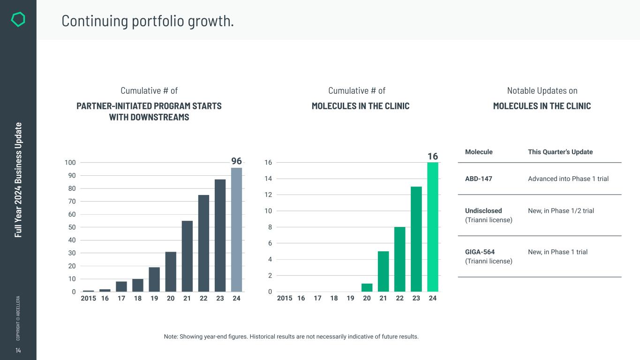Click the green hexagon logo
pyautogui.click(x=18, y=19)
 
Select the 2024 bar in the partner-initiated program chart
pyautogui.click(x=237, y=230)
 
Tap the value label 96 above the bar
pyautogui.click(x=237, y=161)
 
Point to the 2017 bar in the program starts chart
pyautogui.click(x=121, y=286)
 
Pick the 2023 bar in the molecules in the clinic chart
pyautogui.click(x=416, y=239)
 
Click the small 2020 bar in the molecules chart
pyautogui.click(x=367, y=287)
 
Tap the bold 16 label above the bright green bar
pyautogui.click(x=432, y=156)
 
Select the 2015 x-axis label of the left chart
pyautogui.click(x=88, y=298)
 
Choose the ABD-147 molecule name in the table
pyautogui.click(x=478, y=179)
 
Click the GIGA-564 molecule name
pyautogui.click(x=480, y=252)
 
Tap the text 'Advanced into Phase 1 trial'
pyautogui.click(x=568, y=179)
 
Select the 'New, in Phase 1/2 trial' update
pyautogui.click(x=561, y=211)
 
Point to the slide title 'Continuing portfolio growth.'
pyautogui.click(x=148, y=21)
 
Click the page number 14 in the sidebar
pyautogui.click(x=18, y=351)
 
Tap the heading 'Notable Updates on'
pyautogui.click(x=542, y=90)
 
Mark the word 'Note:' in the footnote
pyautogui.click(x=170, y=337)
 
